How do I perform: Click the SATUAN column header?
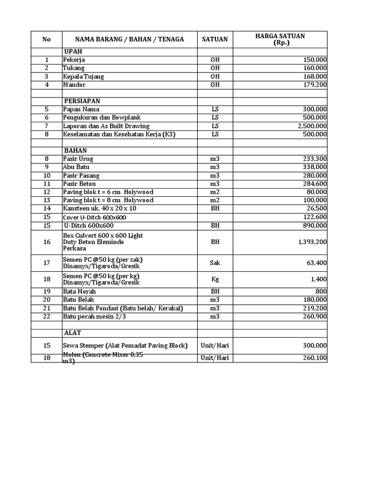215,40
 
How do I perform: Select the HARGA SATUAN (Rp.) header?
280,40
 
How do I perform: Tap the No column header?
47,40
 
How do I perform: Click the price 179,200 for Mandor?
315,85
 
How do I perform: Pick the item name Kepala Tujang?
83,76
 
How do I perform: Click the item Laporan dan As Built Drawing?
106,126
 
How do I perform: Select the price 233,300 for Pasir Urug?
315,159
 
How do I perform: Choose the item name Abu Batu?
76,167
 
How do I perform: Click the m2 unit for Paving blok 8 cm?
215,200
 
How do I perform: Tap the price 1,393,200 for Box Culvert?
312,242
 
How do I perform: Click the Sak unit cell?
215,263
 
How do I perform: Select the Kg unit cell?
215,279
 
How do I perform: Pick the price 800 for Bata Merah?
321,292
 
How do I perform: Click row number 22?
47,317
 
